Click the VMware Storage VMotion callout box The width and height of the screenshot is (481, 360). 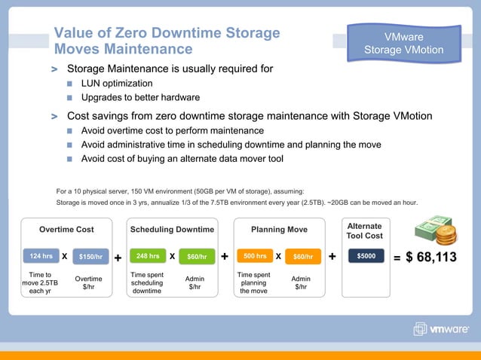(x=404, y=44)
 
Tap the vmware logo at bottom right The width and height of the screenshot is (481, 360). (x=441, y=328)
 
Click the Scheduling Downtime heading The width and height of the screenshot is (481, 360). (x=173, y=229)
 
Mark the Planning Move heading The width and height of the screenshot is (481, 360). (x=279, y=229)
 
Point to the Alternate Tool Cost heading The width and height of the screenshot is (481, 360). (x=364, y=230)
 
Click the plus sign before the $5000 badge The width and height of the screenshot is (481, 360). (x=332, y=258)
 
